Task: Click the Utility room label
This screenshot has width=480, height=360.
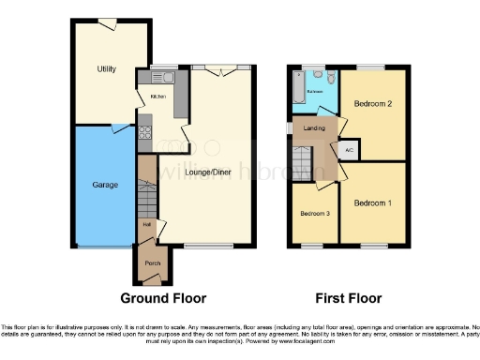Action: tap(105, 69)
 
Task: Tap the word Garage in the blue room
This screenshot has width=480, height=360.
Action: tap(105, 185)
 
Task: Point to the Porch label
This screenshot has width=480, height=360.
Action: tap(151, 263)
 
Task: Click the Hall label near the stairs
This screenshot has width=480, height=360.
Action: tap(146, 223)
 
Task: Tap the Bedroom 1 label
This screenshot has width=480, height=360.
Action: tap(371, 202)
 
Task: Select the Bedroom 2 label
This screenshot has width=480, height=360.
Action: tap(371, 106)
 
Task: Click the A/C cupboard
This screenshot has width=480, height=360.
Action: tap(348, 150)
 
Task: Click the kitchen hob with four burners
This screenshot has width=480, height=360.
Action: tap(145, 131)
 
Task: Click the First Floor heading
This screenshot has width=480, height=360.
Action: tap(347, 299)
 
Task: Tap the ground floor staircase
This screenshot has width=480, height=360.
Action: tap(145, 187)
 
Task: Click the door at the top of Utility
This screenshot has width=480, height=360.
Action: tap(108, 22)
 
